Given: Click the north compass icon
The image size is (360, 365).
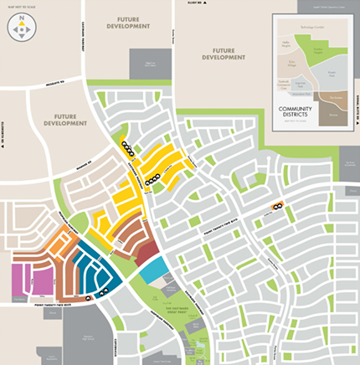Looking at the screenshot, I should coord(21,28).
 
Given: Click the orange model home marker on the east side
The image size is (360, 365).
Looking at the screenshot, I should coord(277,205).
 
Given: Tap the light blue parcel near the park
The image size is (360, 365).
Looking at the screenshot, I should coord(153,270).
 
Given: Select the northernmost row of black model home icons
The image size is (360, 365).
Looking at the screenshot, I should coord(127,146).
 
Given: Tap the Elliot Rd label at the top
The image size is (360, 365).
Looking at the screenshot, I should coord(196,5).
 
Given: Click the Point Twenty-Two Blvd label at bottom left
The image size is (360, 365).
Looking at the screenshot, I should coord(33,306).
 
